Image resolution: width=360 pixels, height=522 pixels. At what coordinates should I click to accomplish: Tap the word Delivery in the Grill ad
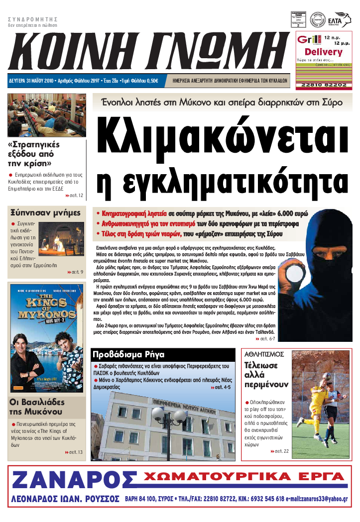click(x=323, y=52)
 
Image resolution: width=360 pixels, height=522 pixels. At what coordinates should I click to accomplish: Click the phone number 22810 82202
click(x=324, y=85)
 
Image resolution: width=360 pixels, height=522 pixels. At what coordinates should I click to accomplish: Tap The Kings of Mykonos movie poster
click(x=46, y=338)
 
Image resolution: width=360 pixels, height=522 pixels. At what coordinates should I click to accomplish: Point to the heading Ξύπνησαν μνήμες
click(x=46, y=213)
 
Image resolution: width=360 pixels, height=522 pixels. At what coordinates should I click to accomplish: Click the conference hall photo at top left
click(x=47, y=115)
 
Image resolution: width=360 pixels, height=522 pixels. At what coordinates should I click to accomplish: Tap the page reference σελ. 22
click(x=281, y=451)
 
